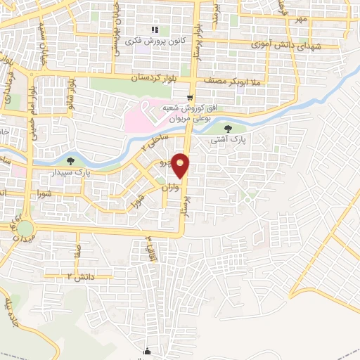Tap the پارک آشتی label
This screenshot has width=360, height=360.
(229, 140)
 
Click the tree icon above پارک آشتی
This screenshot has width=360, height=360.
(229, 128)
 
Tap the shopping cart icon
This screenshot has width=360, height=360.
(189, 98)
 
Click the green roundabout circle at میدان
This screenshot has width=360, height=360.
(25, 229)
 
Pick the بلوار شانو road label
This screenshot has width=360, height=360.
(70, 90)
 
